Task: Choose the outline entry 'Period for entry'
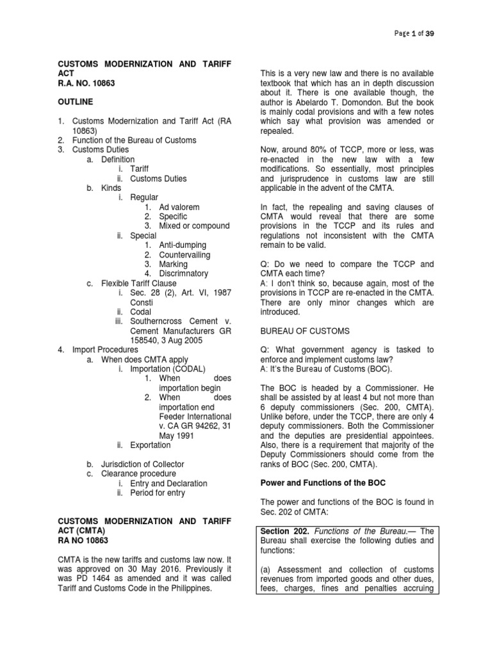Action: point(160,493)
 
